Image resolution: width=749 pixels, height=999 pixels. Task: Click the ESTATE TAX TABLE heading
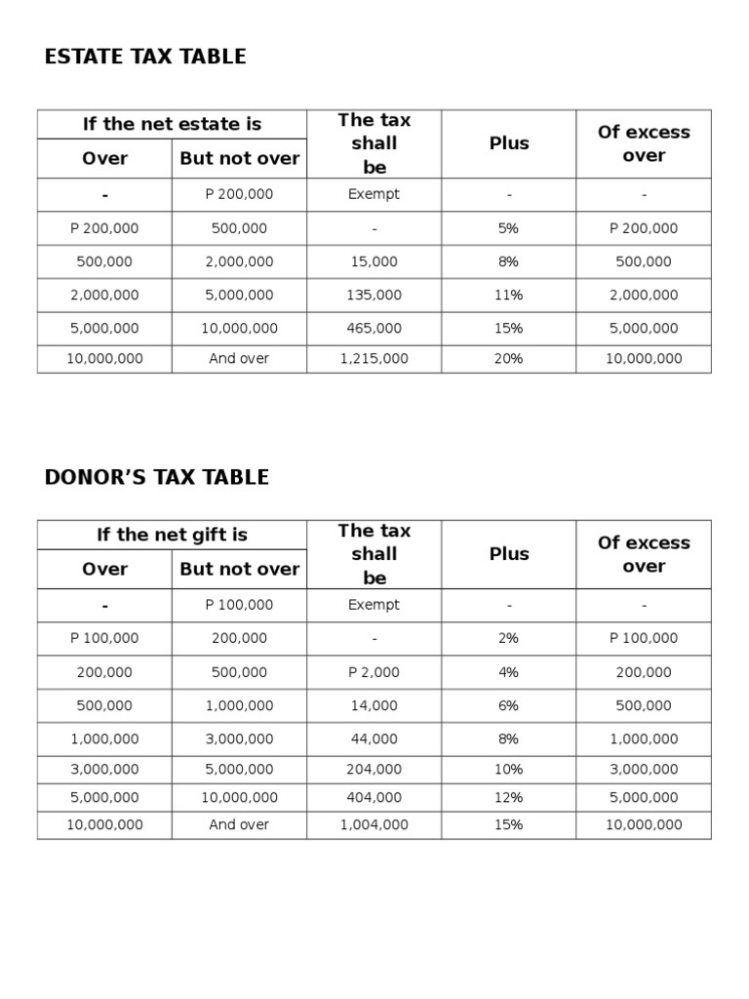click(145, 57)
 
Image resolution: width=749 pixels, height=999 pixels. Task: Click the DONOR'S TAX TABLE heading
click(157, 477)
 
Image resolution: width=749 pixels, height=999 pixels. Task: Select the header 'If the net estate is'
click(172, 124)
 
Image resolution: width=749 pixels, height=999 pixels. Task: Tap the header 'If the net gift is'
click(172, 535)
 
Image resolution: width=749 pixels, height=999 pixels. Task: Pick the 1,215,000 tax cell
click(374, 358)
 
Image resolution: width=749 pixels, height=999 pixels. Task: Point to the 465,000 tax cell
click(374, 328)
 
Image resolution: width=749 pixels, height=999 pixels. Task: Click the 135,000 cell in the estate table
click(374, 295)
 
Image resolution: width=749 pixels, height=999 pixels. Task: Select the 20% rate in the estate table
click(508, 358)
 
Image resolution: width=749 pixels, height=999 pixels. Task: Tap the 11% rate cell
click(508, 295)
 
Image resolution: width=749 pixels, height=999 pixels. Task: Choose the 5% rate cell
click(508, 228)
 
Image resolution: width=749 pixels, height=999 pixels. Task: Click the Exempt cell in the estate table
click(374, 194)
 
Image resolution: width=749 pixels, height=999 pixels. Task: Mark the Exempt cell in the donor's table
click(374, 605)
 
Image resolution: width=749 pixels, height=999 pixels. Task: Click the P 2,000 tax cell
click(374, 672)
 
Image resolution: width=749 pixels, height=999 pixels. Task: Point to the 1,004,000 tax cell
click(374, 824)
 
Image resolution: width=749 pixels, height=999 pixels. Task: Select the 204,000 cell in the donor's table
click(374, 769)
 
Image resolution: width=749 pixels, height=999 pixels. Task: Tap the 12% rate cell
click(508, 797)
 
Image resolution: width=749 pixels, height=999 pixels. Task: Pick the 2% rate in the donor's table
click(508, 638)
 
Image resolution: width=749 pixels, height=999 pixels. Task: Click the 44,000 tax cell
click(374, 739)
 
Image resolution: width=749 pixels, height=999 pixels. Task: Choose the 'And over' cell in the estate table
click(239, 358)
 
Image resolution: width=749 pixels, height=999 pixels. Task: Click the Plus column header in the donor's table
click(508, 554)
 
